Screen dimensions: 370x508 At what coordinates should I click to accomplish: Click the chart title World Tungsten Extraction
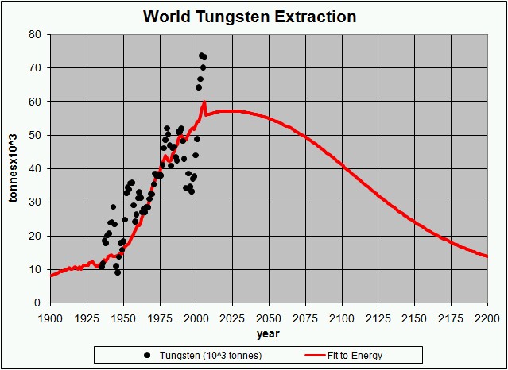point(250,16)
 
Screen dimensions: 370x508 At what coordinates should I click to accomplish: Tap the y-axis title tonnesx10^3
point(13,168)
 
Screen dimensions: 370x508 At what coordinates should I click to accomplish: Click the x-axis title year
point(269,332)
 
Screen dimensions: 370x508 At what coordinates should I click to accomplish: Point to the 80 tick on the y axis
point(36,34)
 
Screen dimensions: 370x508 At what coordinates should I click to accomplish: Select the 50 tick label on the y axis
point(36,135)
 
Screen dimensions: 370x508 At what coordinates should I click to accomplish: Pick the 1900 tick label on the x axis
point(50,317)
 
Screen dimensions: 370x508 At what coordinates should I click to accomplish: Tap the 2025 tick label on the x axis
point(232,317)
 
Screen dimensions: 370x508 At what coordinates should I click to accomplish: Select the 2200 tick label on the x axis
point(487,317)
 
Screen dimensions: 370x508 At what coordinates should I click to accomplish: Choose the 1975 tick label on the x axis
point(159,317)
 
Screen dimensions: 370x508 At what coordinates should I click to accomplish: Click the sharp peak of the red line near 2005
point(204,102)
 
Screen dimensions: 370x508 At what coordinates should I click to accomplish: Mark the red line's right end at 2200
point(487,256)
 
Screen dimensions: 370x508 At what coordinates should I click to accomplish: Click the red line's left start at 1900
point(51,276)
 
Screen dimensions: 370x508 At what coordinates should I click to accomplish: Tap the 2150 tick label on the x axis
point(414,317)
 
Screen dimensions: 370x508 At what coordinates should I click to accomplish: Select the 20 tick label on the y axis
point(36,236)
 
